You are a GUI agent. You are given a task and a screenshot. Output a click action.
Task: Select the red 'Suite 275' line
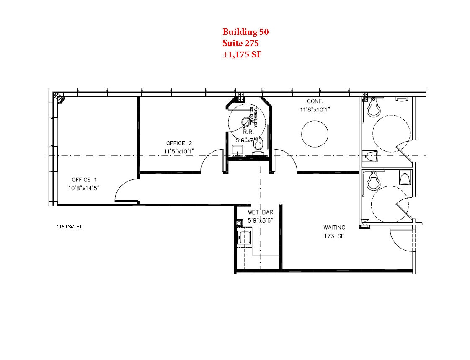coord(240,43)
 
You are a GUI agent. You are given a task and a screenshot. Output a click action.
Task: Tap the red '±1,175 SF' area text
coord(242,54)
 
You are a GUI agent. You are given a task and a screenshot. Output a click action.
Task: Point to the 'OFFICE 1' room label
coord(81,180)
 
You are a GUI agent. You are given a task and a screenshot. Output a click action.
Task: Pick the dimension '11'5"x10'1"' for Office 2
coord(179,151)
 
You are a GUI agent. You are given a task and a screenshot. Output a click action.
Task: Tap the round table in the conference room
coord(315,133)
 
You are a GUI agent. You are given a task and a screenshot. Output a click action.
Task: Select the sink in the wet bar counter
coord(243,238)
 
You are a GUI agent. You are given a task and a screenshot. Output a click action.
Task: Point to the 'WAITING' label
coord(334,228)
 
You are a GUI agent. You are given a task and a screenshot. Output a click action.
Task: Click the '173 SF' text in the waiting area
coord(334,236)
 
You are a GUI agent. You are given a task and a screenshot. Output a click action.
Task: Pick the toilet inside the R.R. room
coord(258,145)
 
